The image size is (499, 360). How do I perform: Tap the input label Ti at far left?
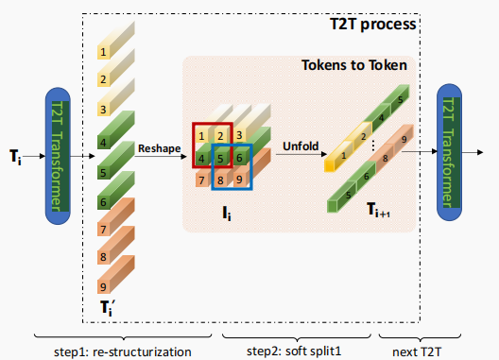pyautogui.click(x=14, y=155)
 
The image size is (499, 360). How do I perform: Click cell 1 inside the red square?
pyautogui.click(x=201, y=135)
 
